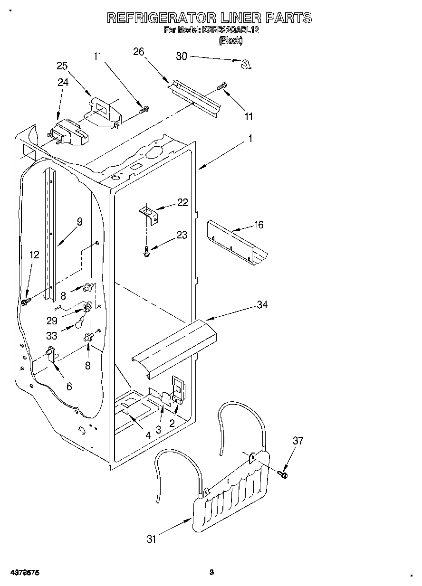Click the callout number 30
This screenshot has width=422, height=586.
point(182,56)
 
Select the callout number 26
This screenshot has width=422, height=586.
point(138,52)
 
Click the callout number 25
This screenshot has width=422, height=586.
point(62,66)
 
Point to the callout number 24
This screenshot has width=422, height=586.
point(63,82)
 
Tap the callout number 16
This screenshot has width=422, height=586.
point(259,225)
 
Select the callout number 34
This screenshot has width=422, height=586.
point(262,305)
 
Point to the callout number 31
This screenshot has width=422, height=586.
point(152,539)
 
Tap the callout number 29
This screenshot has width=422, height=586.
point(52,321)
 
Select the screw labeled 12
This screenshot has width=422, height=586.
point(26,301)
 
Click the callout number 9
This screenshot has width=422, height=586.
point(79,221)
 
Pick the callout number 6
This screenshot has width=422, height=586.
point(69,387)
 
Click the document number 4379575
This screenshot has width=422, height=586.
point(24,573)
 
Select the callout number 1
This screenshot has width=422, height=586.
point(250,139)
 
